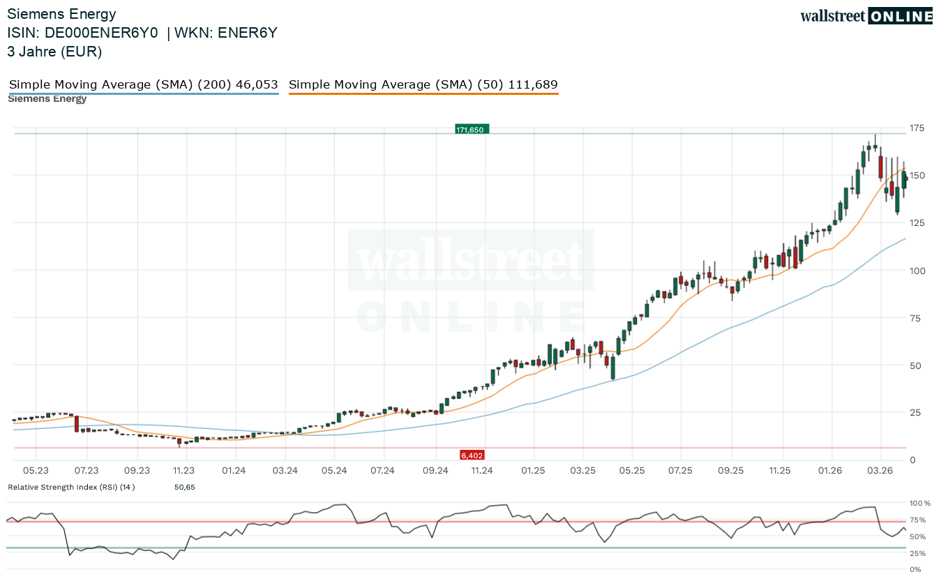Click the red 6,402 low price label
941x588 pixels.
pyautogui.click(x=472, y=455)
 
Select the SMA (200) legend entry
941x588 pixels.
pyautogui.click(x=143, y=85)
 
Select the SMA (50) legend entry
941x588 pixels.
pyautogui.click(x=423, y=85)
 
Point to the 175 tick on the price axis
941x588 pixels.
pyautogui.click(x=917, y=128)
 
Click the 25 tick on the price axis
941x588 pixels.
pyautogui.click(x=914, y=412)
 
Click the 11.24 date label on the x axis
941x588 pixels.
pyautogui.click(x=482, y=471)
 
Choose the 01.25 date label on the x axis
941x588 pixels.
pyautogui.click(x=533, y=471)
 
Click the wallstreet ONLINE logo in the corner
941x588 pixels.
pyautogui.click(x=866, y=16)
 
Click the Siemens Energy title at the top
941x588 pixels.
pyautogui.click(x=61, y=14)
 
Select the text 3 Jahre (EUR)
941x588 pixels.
pyautogui.click(x=54, y=52)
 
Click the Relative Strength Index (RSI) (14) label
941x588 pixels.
pyautogui.click(x=71, y=487)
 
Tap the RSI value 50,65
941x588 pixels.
pyautogui.click(x=184, y=487)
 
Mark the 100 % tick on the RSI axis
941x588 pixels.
pyautogui.click(x=919, y=503)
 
